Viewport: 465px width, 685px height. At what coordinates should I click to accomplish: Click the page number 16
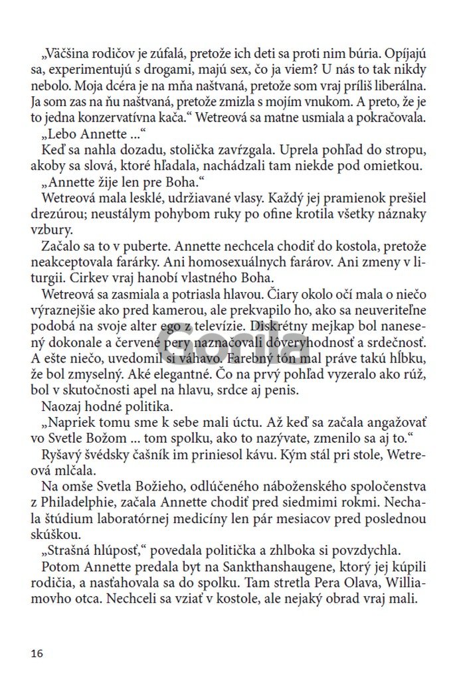37,654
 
